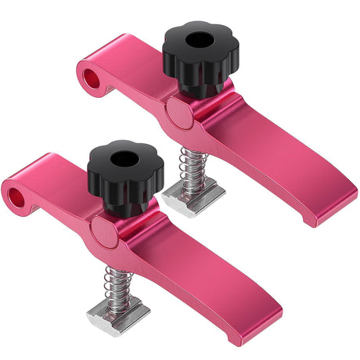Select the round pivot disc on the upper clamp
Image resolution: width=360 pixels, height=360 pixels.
tap(178, 114)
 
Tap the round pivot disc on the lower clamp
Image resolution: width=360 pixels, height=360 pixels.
tap(103, 232)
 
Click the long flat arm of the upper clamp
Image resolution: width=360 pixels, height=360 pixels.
tap(274, 164)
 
